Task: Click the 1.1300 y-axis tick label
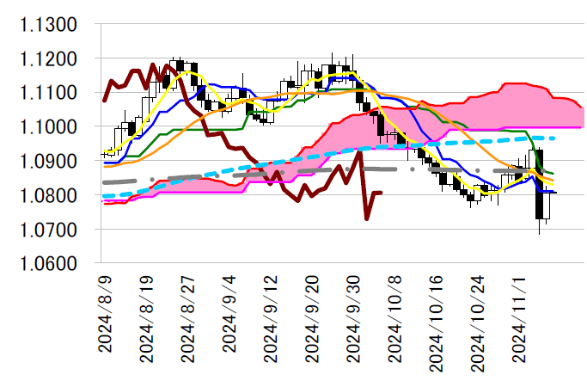[x=50, y=24]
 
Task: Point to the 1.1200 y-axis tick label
[x=50, y=58]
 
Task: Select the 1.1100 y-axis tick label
[x=50, y=93]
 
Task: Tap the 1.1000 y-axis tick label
[x=50, y=127]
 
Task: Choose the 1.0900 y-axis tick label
[x=50, y=162]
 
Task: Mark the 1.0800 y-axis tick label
[x=50, y=196]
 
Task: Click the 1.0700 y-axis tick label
[x=50, y=230]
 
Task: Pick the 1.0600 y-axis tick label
[x=50, y=264]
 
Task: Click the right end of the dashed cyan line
[x=555, y=138]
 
